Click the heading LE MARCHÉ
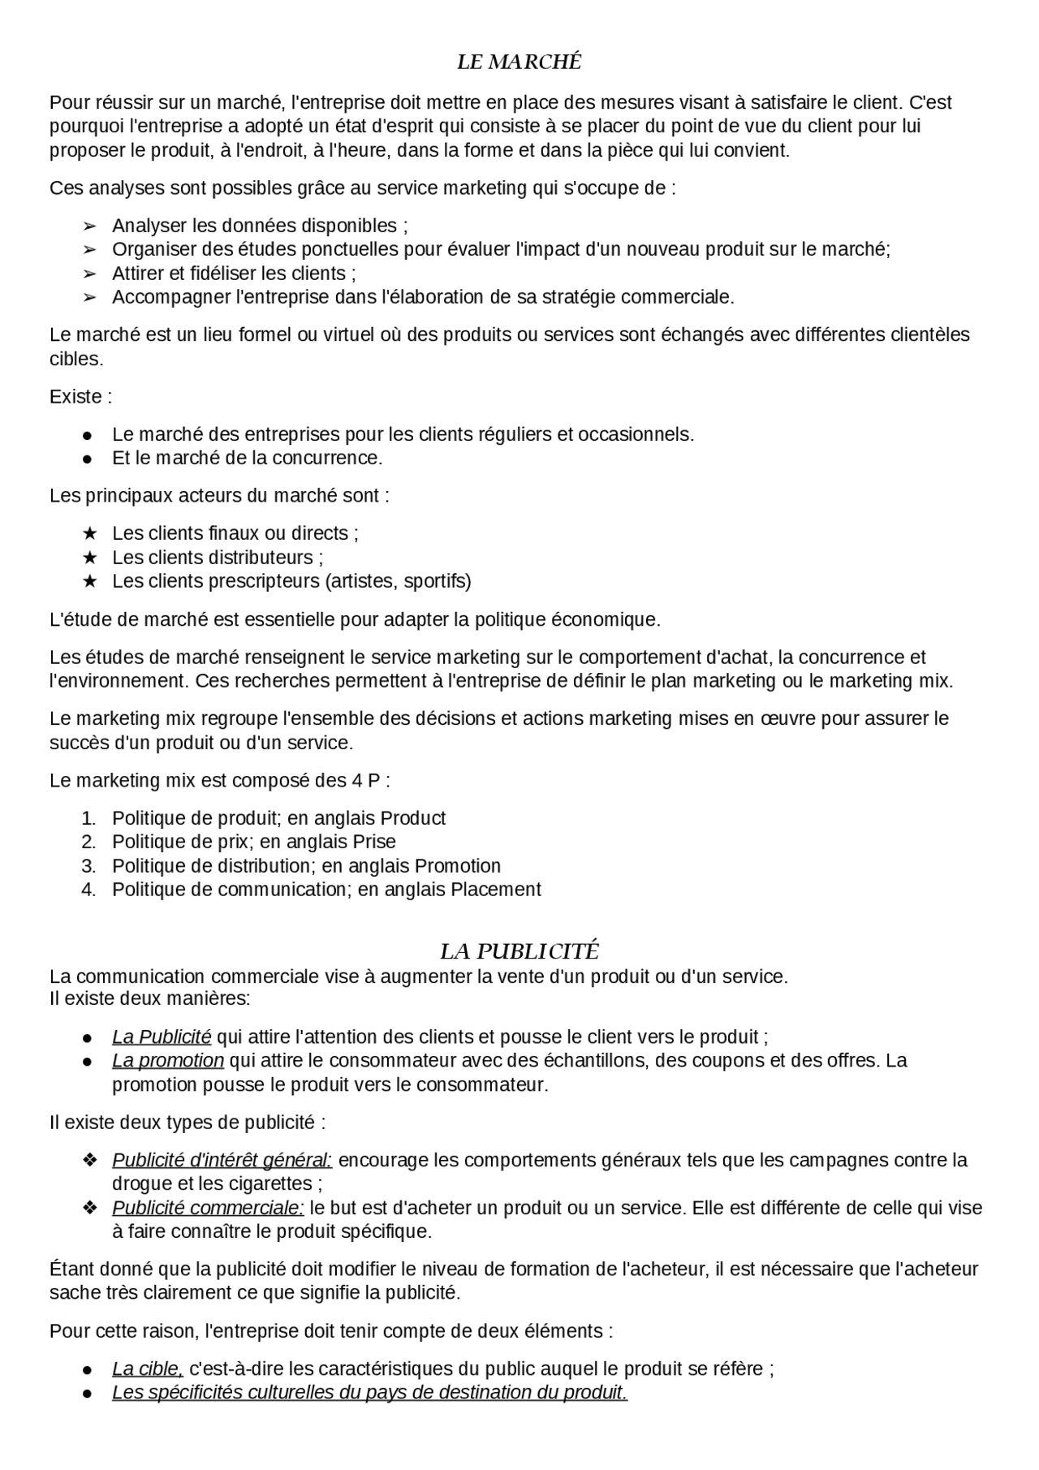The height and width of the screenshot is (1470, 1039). coord(519,62)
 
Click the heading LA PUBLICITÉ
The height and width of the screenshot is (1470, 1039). coord(519,951)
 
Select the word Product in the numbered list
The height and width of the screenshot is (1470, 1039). coord(412,818)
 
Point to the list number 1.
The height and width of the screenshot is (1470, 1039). coord(88,818)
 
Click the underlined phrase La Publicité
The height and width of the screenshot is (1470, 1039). coord(162,1037)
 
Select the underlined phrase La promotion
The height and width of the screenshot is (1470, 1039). coord(168,1061)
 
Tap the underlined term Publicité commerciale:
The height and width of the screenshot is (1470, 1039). coord(208,1208)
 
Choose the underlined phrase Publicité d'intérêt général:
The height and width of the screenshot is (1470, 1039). coord(222,1160)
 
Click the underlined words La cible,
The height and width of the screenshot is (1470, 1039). coord(148,1369)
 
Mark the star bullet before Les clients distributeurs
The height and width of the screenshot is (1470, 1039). coord(90,558)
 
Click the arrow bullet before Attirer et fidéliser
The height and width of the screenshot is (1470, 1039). coord(90,274)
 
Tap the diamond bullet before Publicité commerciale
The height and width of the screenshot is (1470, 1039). coord(90,1208)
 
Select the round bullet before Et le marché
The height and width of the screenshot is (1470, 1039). coord(88,459)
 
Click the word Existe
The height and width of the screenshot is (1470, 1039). coord(76,397)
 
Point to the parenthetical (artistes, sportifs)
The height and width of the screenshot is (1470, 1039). coord(398,581)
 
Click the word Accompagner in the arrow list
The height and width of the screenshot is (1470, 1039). coord(170,297)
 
